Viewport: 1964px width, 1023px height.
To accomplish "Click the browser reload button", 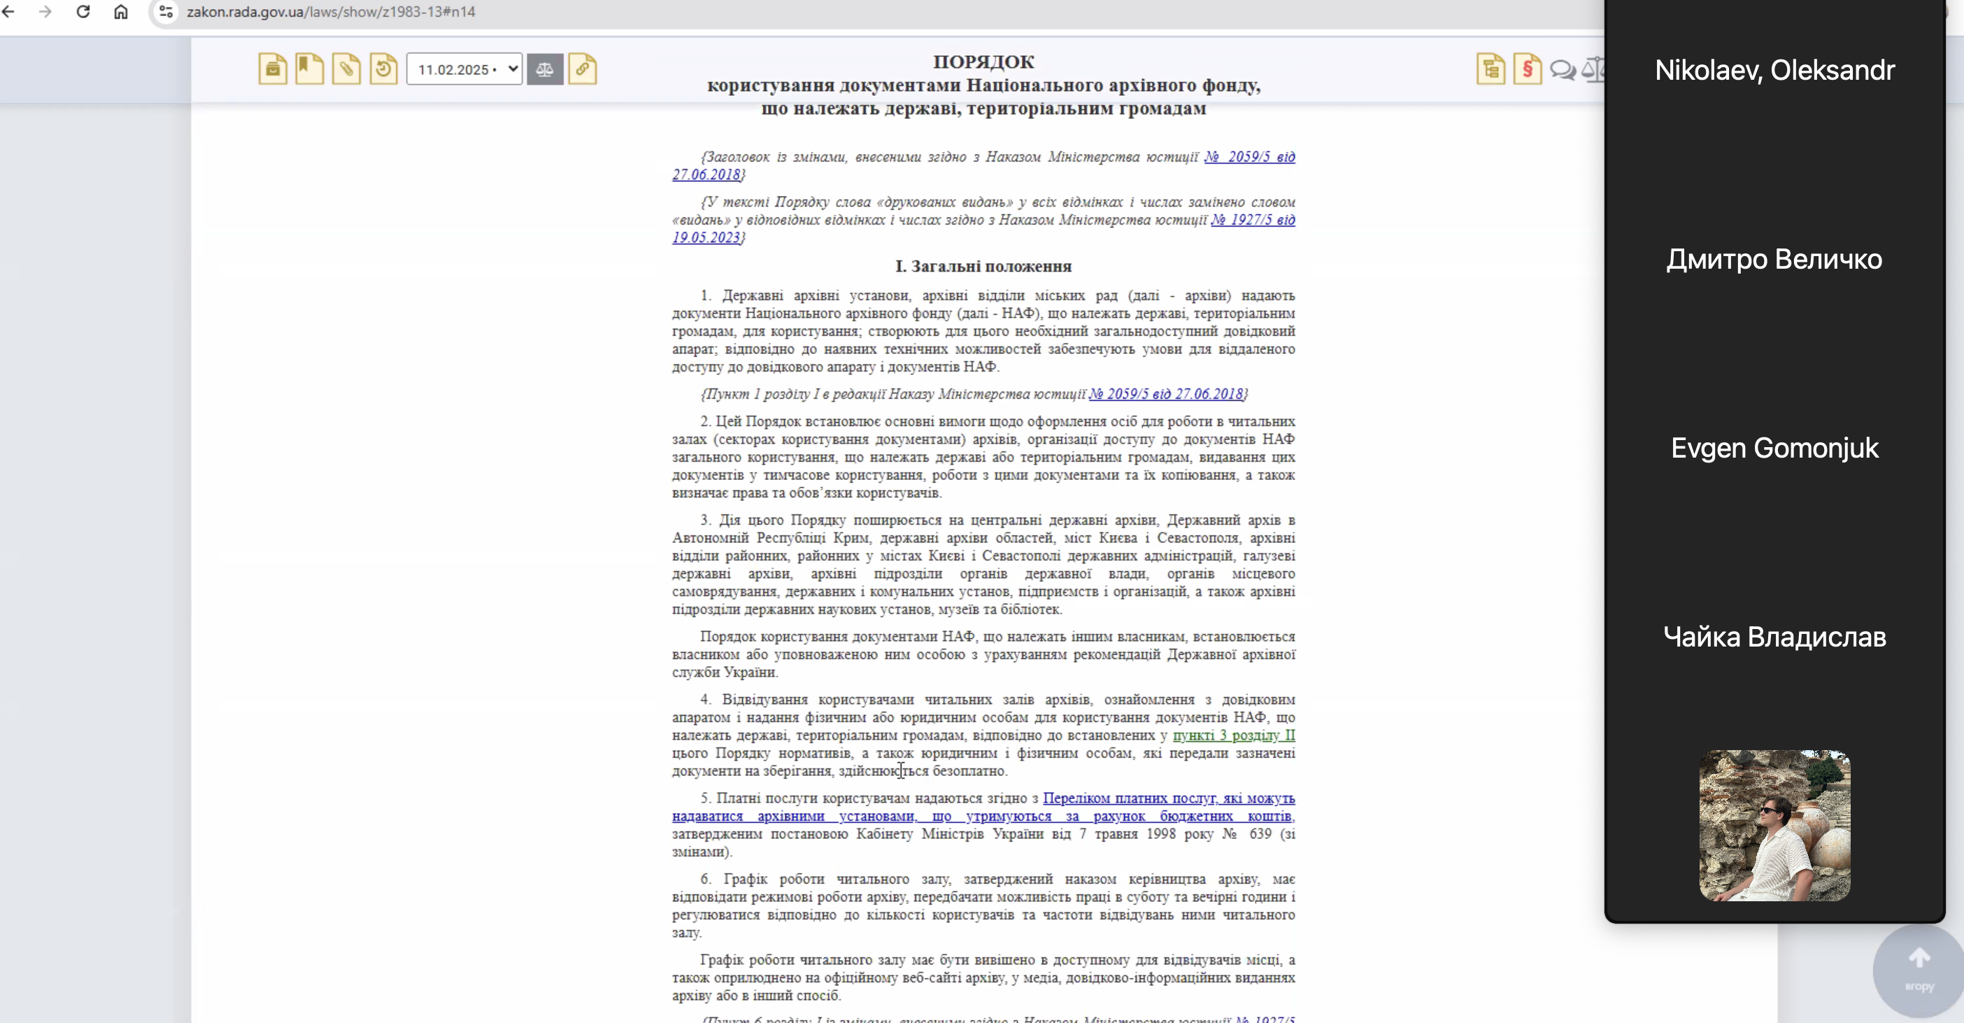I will point(83,11).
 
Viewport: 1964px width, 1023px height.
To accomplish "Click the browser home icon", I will point(120,11).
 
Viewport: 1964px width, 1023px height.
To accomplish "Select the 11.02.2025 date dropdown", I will point(464,69).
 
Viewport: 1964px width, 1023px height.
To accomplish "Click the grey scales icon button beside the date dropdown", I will point(544,69).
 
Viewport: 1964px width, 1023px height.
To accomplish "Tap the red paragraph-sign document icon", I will point(1527,69).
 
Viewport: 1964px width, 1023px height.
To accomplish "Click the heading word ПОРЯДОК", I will point(983,62).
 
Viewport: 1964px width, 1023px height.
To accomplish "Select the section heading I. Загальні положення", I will point(983,266).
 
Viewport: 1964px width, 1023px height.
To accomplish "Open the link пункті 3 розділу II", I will point(1233,735).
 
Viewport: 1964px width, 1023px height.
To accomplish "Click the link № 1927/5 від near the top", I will point(1253,220).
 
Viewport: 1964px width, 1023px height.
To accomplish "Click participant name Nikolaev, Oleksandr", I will point(1774,70).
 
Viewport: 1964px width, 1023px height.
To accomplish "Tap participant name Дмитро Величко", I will point(1774,260).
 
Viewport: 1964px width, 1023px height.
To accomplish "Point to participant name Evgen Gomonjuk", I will point(1774,448).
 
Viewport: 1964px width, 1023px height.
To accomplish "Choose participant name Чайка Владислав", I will point(1774,637).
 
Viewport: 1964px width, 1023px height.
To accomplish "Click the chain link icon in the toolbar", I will point(583,69).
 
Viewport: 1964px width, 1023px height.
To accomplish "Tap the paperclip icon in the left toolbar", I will point(346,69).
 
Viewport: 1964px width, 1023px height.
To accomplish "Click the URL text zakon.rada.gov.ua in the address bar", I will point(245,12).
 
